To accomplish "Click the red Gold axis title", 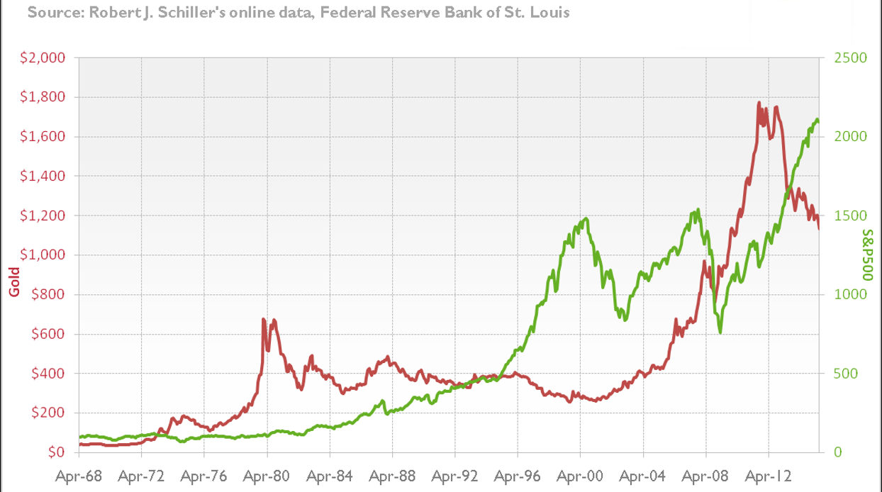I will point(13,281).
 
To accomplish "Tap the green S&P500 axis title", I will point(867,255).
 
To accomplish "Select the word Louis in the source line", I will point(550,13).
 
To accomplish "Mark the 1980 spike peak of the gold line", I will point(264,319).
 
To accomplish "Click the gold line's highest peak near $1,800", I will point(759,103).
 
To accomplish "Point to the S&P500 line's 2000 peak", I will point(586,218).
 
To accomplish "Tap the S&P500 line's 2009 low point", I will point(720,332).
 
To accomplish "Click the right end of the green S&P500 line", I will point(819,122).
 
